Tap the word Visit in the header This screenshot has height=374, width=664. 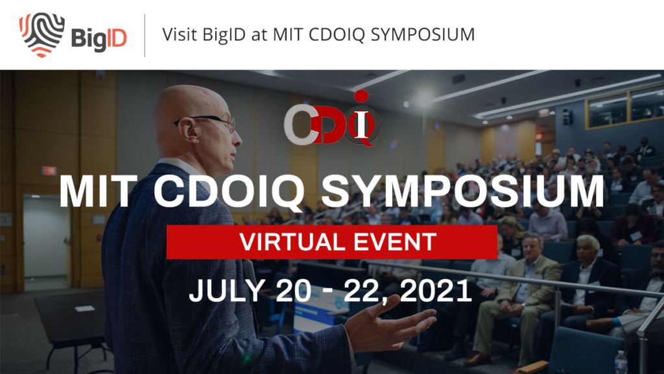[180, 34]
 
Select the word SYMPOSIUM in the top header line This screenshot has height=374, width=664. [422, 34]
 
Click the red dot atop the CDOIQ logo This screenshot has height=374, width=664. [361, 96]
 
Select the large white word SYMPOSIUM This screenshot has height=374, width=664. [463, 191]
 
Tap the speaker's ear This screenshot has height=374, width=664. [188, 130]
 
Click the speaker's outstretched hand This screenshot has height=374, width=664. [390, 324]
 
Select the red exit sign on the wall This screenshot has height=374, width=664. [49, 171]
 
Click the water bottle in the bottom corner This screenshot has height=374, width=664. [621, 362]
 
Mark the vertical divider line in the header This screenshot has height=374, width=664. [145, 35]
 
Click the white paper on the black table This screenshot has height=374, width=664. [85, 308]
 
